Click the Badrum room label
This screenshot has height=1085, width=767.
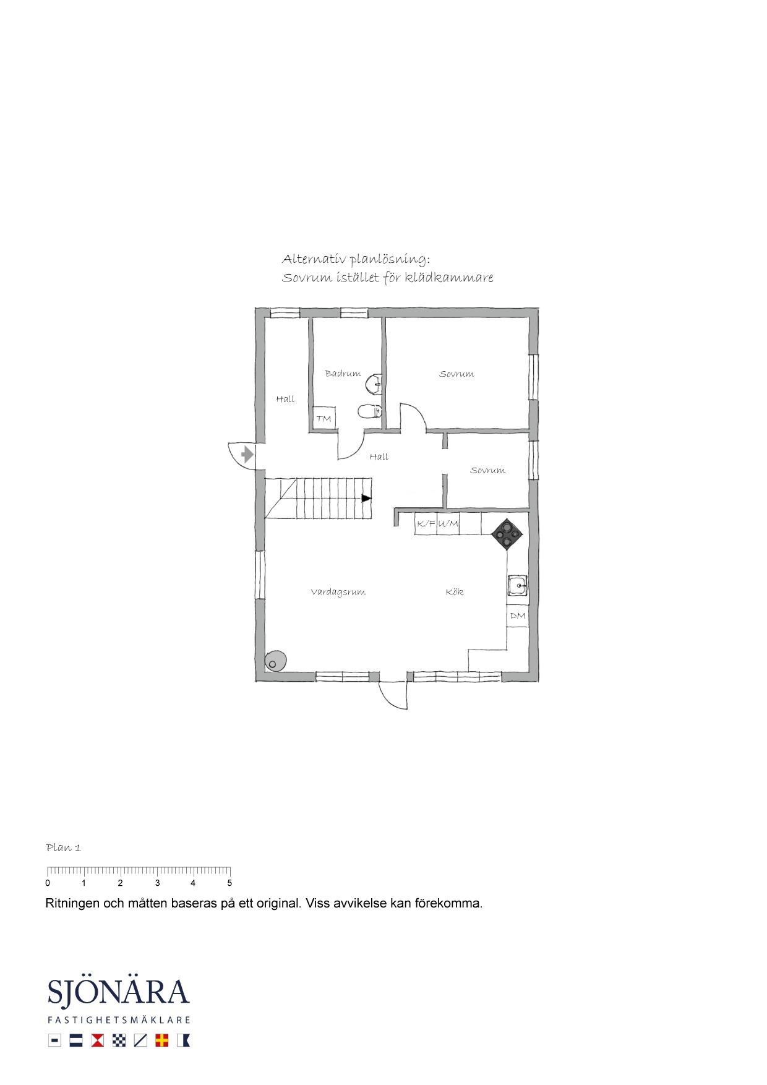[343, 374]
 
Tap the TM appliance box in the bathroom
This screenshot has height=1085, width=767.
[324, 418]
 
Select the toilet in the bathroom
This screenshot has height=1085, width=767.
[369, 411]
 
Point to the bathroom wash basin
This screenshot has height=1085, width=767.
[374, 384]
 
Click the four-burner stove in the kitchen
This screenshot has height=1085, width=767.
[507, 533]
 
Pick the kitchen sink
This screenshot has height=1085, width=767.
[517, 585]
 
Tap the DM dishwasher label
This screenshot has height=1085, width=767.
[518, 615]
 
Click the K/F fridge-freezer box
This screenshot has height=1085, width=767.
[426, 523]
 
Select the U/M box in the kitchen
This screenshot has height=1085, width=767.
[448, 523]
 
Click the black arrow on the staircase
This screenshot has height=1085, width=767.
[367, 498]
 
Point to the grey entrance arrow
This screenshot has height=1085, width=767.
[247, 455]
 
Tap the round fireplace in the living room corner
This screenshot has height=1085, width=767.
[275, 661]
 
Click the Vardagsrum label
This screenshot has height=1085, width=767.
[338, 592]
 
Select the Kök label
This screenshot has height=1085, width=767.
[455, 592]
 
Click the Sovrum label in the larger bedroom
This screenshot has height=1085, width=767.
[457, 374]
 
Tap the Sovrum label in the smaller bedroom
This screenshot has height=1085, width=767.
[488, 470]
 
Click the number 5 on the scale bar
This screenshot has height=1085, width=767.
[229, 883]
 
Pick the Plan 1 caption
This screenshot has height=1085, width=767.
[64, 847]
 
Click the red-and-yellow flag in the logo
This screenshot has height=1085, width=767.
[162, 1040]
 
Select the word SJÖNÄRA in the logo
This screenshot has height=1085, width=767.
[118, 992]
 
